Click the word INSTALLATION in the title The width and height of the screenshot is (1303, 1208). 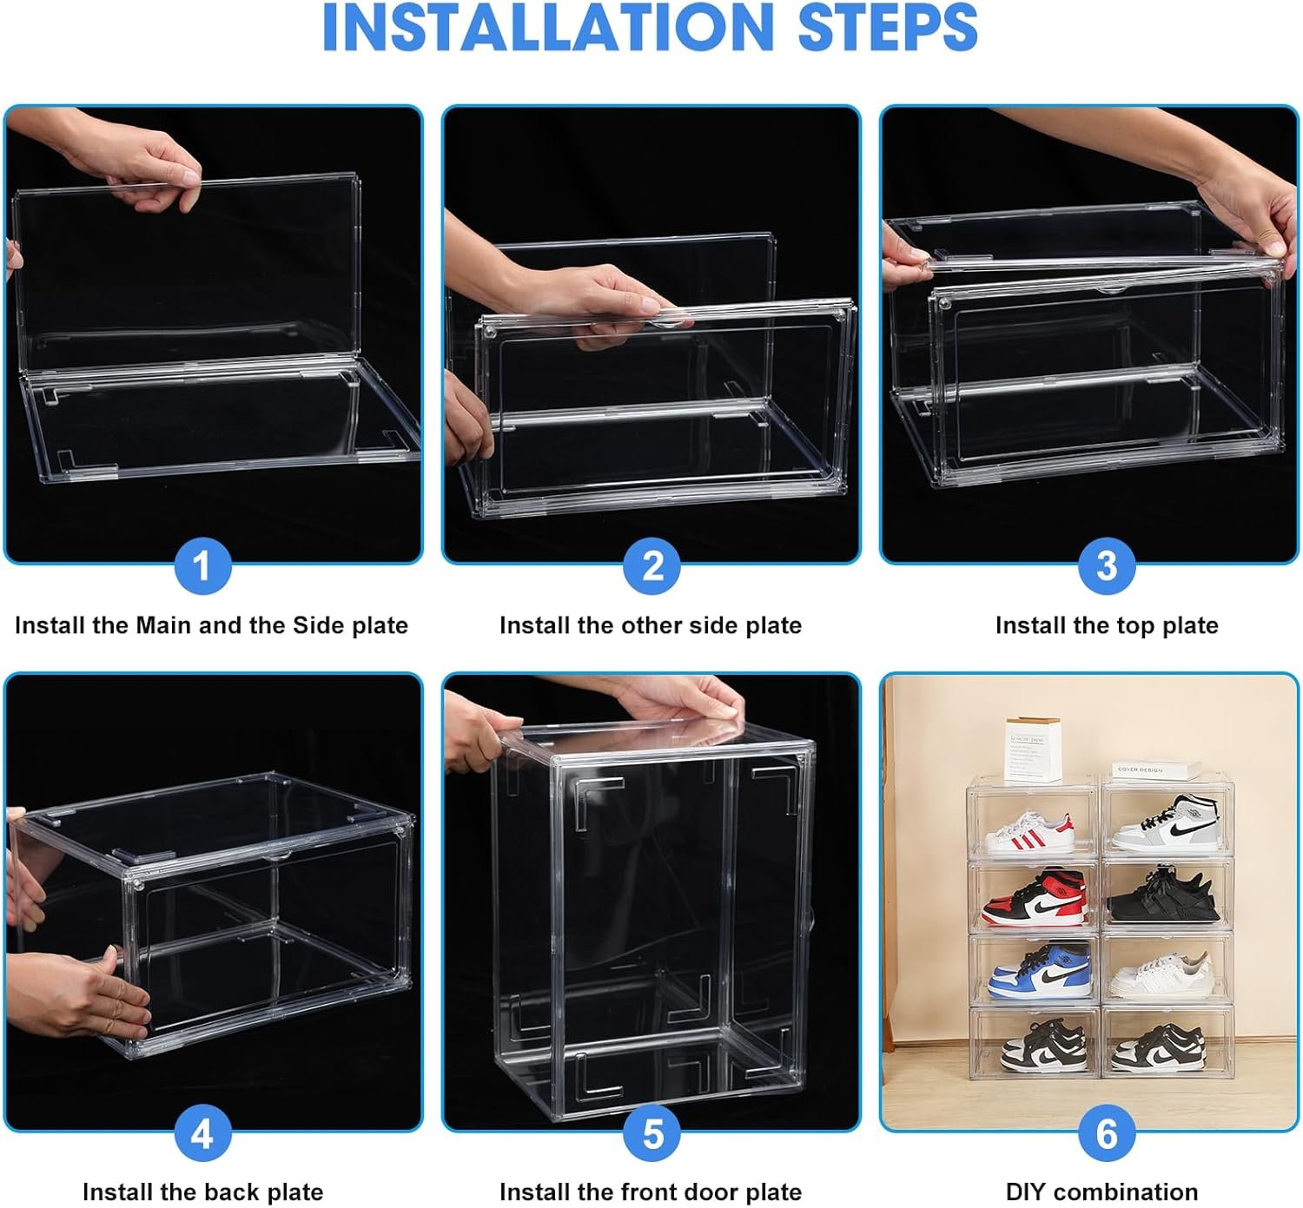[x=547, y=28]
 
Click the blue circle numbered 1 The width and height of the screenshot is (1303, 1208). [x=202, y=566]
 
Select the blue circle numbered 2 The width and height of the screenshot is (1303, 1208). [x=652, y=566]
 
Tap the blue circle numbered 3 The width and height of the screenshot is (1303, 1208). [x=1106, y=566]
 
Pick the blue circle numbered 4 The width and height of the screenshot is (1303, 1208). [x=202, y=1133]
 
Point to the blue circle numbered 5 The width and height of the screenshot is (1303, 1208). [x=652, y=1133]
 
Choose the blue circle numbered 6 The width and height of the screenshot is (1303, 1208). [x=1106, y=1133]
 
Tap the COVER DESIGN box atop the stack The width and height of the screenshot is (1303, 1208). [x=1151, y=771]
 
